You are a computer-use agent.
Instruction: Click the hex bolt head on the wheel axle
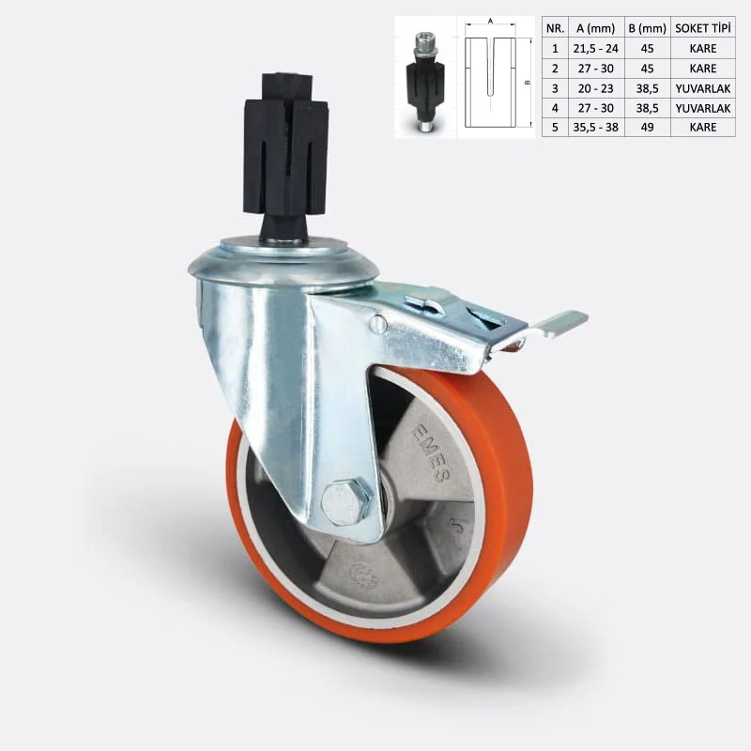click(346, 502)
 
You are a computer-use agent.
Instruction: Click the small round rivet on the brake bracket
click(377, 325)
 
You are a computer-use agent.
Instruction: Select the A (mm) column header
click(595, 28)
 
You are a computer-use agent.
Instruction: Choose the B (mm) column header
click(646, 28)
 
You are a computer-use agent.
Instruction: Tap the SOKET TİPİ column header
click(703, 28)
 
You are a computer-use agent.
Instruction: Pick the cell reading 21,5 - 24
click(595, 49)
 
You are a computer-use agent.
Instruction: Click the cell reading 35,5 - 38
click(595, 127)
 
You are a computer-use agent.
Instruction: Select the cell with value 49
click(646, 127)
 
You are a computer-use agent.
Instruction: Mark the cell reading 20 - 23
click(595, 88)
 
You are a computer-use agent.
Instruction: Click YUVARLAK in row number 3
click(703, 88)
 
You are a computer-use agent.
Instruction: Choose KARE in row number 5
click(703, 127)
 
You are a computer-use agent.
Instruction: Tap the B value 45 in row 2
click(646, 69)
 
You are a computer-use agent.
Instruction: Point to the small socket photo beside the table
click(424, 82)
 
